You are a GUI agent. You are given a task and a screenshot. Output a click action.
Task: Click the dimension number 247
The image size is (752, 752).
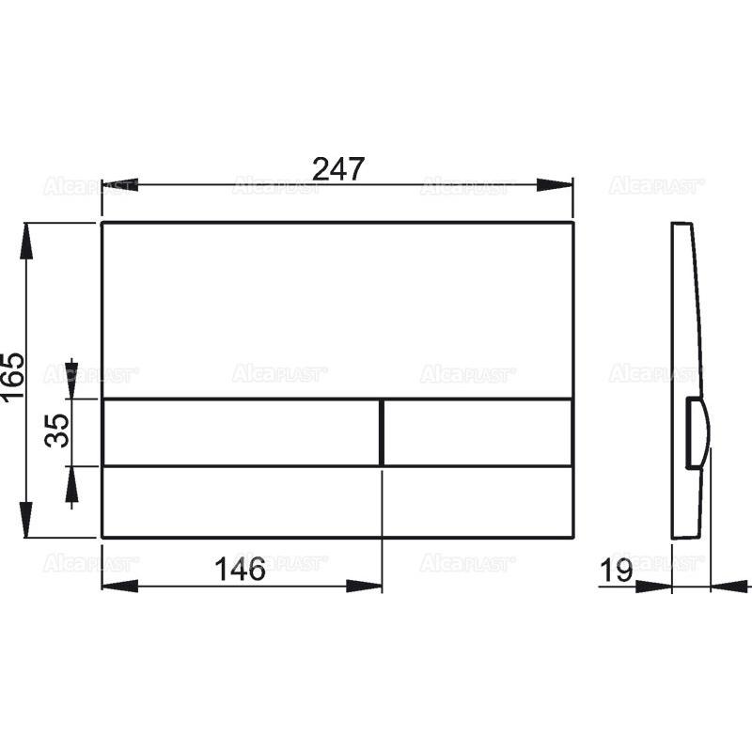tap(337, 169)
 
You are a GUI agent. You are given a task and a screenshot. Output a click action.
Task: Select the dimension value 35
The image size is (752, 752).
tap(58, 431)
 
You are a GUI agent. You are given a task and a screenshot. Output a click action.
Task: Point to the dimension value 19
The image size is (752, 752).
tap(618, 570)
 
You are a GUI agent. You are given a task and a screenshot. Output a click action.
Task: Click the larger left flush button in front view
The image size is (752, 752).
tap(241, 432)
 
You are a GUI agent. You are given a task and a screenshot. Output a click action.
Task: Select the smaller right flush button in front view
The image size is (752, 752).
tap(478, 432)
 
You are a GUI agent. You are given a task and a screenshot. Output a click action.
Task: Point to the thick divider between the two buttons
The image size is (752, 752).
tap(382, 432)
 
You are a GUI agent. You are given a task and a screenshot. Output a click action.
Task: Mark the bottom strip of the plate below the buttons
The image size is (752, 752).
tap(337, 502)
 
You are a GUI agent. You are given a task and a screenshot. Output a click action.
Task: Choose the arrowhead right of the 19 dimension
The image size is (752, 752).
tap(726, 586)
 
